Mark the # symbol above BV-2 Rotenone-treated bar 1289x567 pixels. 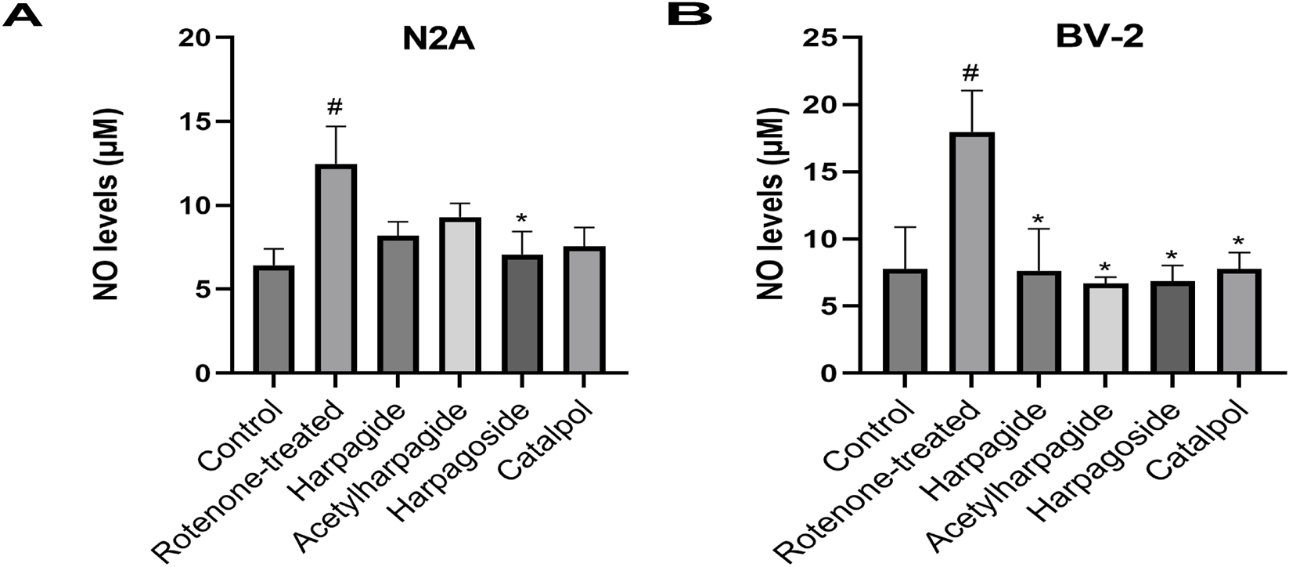tap(970, 73)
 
